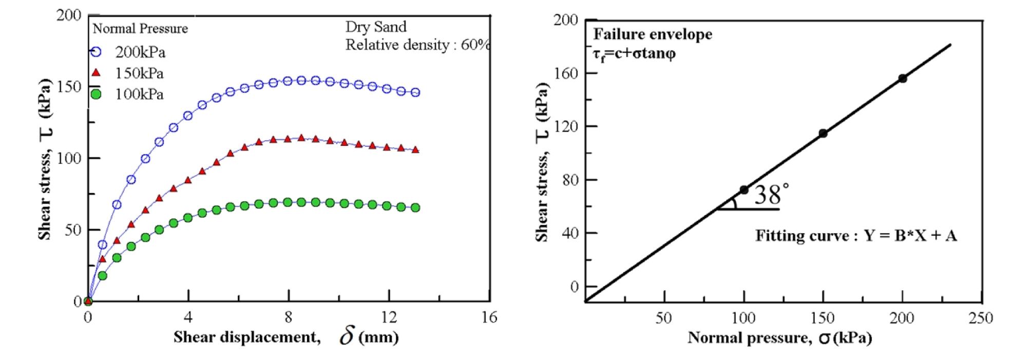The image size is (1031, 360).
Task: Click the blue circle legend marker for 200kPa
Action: click(x=96, y=52)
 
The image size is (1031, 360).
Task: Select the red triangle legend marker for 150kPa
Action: click(x=96, y=72)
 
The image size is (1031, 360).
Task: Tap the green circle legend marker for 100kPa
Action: click(x=96, y=94)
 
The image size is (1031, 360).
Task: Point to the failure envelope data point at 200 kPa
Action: click(x=902, y=79)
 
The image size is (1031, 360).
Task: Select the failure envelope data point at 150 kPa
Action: click(x=823, y=134)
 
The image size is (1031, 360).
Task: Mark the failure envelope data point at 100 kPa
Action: click(x=744, y=190)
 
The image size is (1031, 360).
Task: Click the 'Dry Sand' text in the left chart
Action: click(x=376, y=27)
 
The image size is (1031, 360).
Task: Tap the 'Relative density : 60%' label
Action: click(x=417, y=45)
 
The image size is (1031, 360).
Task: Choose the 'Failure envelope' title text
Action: click(x=653, y=34)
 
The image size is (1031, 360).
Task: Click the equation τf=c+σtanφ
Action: click(x=634, y=53)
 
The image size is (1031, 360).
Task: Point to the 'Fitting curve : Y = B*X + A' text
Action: click(x=856, y=236)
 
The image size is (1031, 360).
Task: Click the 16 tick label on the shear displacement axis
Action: click(x=489, y=317)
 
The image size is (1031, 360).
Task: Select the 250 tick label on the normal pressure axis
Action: click(x=981, y=318)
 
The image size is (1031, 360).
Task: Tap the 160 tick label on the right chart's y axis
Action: click(x=566, y=73)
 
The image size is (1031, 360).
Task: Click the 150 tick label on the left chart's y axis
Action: click(x=69, y=87)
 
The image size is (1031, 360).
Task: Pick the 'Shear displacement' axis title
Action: click(x=246, y=337)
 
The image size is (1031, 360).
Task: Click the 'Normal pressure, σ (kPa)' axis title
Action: click(x=779, y=337)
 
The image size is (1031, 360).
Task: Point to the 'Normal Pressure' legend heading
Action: click(x=140, y=29)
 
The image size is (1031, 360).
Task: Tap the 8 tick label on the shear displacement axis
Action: click(x=289, y=317)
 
